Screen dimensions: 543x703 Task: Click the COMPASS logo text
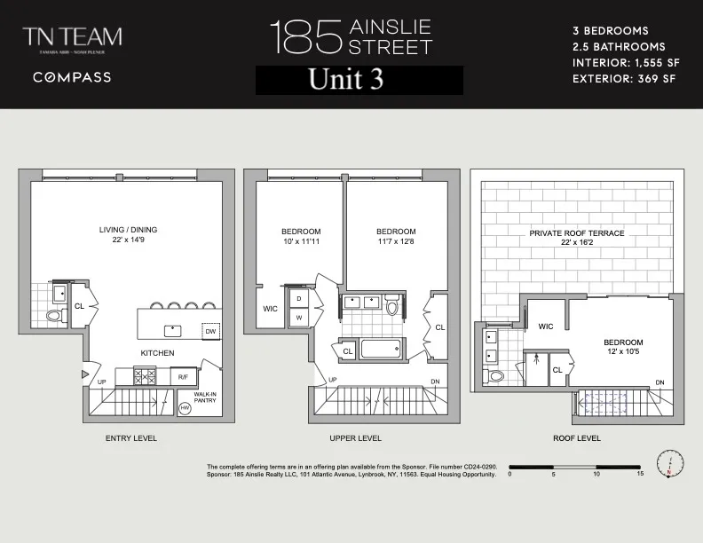72,77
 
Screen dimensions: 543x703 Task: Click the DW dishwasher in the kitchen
210,331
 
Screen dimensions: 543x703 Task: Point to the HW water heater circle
186,409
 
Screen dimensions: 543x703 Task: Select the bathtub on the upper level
383,348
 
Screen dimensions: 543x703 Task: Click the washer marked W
298,317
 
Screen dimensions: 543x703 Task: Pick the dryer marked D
298,298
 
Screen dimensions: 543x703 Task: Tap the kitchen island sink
173,331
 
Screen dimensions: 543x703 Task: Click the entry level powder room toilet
53,316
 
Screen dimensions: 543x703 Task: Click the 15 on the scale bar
639,474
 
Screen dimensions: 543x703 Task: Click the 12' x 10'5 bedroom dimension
623,352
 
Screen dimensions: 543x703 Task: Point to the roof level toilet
496,375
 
